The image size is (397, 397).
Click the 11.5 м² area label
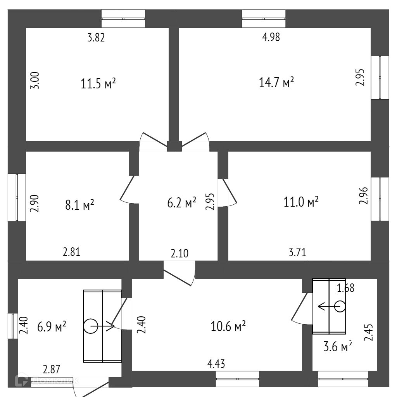(x=98, y=83)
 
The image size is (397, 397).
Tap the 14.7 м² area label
(x=276, y=83)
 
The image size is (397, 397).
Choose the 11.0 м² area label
(x=301, y=202)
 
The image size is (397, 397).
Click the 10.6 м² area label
(x=228, y=327)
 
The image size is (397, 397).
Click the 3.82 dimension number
(x=97, y=38)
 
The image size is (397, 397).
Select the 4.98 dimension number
(x=271, y=37)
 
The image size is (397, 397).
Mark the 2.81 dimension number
(x=72, y=252)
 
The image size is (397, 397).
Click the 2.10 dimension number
(x=180, y=254)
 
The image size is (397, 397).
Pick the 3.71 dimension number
(x=297, y=253)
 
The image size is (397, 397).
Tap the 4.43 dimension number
(x=216, y=364)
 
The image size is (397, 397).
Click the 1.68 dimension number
(x=345, y=288)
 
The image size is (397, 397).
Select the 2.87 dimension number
(x=52, y=369)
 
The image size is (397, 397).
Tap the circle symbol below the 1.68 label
(x=340, y=307)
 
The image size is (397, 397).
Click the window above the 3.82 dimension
(x=123, y=18)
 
